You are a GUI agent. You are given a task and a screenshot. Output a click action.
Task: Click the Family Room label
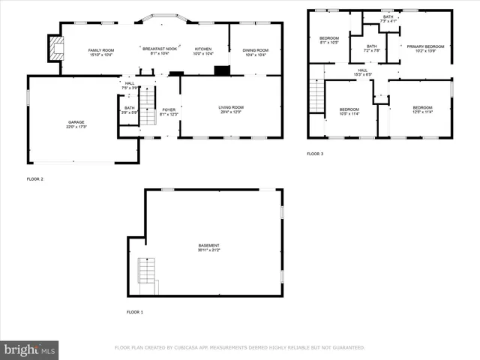click(100, 49)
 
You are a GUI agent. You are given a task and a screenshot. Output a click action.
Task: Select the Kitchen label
click(203, 49)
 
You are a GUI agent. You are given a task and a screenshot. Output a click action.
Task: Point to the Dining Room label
click(255, 50)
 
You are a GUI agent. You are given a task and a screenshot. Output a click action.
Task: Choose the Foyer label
click(169, 110)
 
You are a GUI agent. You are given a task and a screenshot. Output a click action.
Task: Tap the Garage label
click(76, 122)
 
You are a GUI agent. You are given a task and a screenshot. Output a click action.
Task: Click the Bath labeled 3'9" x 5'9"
click(130, 110)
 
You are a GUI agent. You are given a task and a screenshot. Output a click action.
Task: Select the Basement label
click(209, 246)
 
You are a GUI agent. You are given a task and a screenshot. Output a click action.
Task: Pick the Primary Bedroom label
click(425, 46)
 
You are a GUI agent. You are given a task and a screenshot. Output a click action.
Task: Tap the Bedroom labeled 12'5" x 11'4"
click(422, 108)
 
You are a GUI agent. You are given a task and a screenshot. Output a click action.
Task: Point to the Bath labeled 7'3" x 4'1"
click(388, 19)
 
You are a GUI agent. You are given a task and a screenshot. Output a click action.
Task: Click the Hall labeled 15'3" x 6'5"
click(361, 72)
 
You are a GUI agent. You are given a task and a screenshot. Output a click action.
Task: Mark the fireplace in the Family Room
click(54, 49)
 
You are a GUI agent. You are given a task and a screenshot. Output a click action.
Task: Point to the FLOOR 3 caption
click(315, 154)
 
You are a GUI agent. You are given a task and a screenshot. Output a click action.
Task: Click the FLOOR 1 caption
click(136, 311)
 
